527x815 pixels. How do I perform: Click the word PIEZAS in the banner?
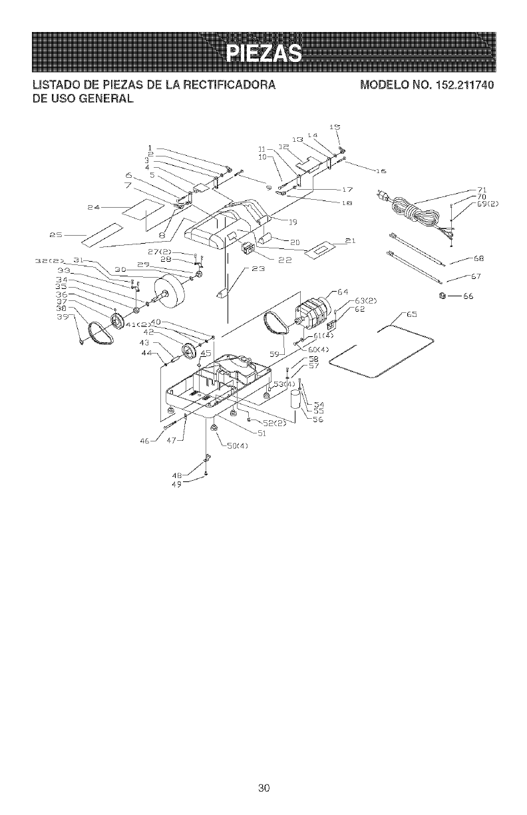tap(263, 52)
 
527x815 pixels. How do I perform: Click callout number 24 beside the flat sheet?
tap(94, 208)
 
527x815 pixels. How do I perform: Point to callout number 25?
tap(56, 234)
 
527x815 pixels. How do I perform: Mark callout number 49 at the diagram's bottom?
tap(177, 483)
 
